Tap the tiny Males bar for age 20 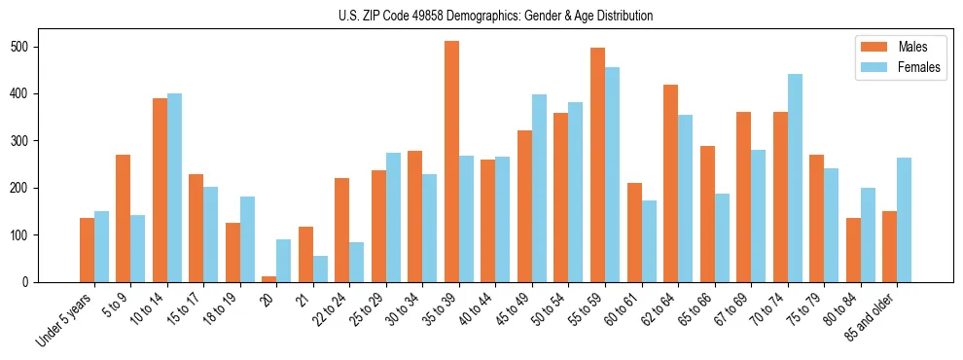[268, 279]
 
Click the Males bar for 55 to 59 [597, 164]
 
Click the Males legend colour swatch [869, 47]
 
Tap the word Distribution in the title [621, 17]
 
